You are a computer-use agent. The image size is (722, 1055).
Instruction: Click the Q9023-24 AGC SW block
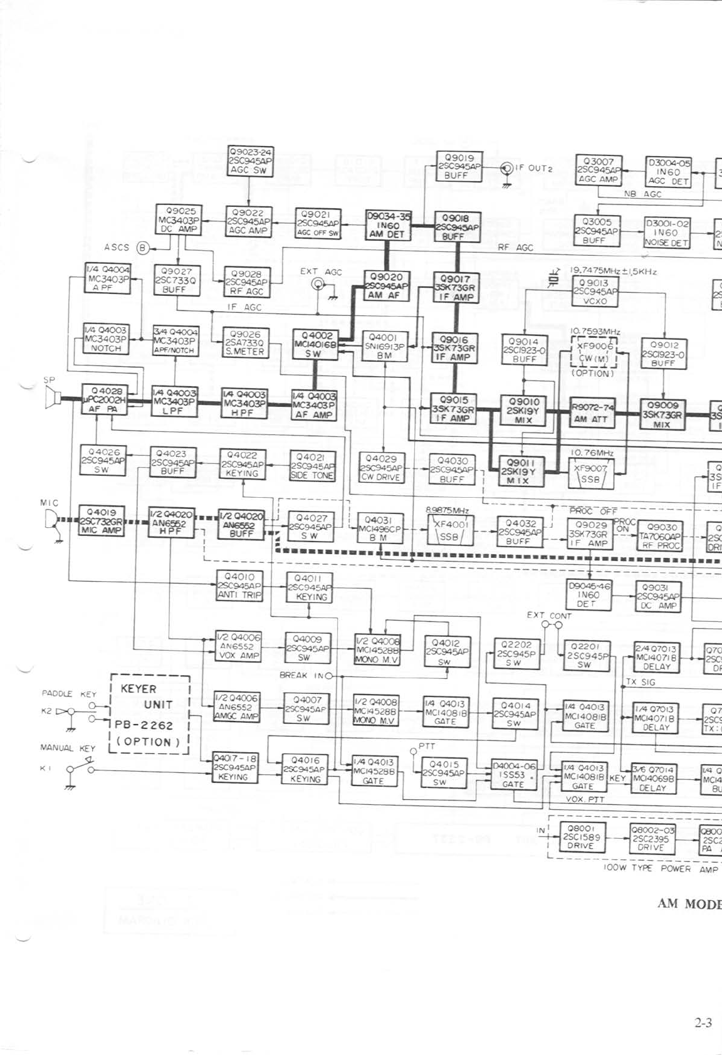[251, 161]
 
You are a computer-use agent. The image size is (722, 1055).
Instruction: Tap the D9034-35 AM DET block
[388, 226]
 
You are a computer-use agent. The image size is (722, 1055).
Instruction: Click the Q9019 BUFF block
[459, 167]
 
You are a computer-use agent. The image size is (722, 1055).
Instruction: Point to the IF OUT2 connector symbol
[506, 169]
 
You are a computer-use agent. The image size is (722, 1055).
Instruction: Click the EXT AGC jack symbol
[318, 285]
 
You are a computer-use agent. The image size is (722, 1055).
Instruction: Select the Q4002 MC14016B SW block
[315, 344]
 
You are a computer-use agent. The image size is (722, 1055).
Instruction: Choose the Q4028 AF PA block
[104, 400]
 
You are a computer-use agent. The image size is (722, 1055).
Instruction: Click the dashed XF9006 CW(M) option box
[593, 354]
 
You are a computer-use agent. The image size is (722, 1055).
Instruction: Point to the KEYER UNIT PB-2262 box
[150, 714]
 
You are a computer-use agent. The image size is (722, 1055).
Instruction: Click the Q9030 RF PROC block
[660, 537]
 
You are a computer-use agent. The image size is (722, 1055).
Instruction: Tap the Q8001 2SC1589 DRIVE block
[580, 837]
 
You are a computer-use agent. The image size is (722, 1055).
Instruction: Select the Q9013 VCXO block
[595, 291]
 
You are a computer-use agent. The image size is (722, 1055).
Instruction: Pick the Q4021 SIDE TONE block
[312, 466]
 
